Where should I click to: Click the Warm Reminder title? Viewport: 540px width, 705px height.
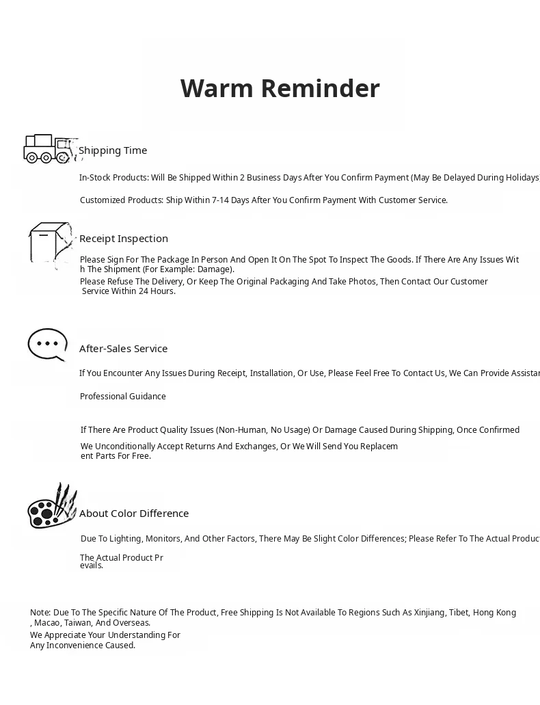pyautogui.click(x=280, y=88)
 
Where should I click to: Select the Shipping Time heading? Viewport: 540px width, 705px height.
pyautogui.click(x=113, y=150)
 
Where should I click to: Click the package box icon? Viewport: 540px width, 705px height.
pyautogui.click(x=49, y=243)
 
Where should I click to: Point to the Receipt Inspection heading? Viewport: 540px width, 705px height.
pyautogui.click(x=124, y=239)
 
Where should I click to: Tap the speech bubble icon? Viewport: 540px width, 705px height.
pyautogui.click(x=47, y=345)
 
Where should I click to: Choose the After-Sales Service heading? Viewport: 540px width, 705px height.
pyautogui.click(x=123, y=349)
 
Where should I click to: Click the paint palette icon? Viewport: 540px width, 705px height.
pyautogui.click(x=51, y=507)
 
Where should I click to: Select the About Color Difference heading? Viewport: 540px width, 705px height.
pyautogui.click(x=134, y=514)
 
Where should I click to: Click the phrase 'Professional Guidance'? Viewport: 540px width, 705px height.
pyautogui.click(x=123, y=397)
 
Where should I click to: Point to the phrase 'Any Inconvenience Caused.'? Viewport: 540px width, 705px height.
pyautogui.click(x=83, y=646)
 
